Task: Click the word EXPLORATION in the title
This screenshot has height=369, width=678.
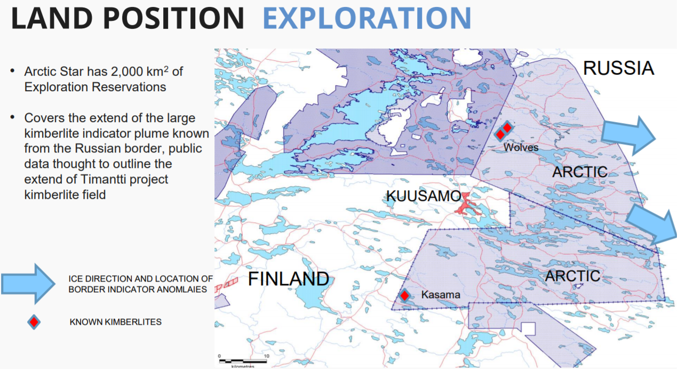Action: coord(367,18)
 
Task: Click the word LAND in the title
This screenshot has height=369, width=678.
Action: coord(52,18)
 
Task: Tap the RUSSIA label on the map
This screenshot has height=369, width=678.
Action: coord(619,68)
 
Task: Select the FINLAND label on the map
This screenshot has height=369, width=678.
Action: coord(289,278)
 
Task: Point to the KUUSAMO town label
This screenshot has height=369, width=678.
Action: coord(424,196)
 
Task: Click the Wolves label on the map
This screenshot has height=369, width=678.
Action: coord(521,148)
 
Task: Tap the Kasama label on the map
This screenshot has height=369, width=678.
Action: coord(441,294)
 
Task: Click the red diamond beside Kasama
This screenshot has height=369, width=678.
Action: coord(405,295)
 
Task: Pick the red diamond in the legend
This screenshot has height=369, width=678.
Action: coord(34,322)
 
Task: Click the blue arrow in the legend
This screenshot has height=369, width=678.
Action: coord(28,284)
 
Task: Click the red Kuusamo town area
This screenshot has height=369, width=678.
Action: coord(466,204)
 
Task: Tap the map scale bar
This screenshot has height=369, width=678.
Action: coord(243,361)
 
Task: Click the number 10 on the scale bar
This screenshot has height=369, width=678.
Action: coord(266,356)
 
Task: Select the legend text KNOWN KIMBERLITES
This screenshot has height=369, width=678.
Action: coord(116,322)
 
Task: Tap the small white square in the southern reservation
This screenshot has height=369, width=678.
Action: coord(528,328)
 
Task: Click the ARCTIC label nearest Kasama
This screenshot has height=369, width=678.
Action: coord(573,276)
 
